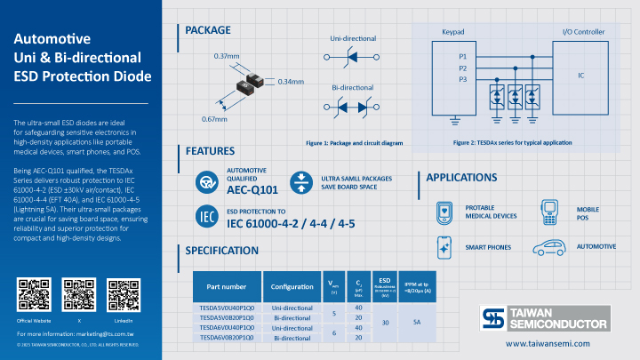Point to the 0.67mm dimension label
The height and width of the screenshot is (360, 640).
(215, 118)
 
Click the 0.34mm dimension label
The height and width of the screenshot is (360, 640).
(291, 82)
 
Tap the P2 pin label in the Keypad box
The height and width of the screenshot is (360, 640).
(462, 68)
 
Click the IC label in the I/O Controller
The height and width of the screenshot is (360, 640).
(581, 76)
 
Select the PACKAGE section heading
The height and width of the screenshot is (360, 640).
(207, 30)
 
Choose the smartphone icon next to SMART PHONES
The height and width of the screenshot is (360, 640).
(446, 246)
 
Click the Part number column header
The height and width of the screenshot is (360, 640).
(226, 287)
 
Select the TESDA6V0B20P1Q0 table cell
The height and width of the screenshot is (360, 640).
(226, 338)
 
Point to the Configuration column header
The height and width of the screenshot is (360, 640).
(292, 287)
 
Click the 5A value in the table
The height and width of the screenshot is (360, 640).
(416, 322)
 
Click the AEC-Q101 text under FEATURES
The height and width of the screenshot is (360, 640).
(252, 190)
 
